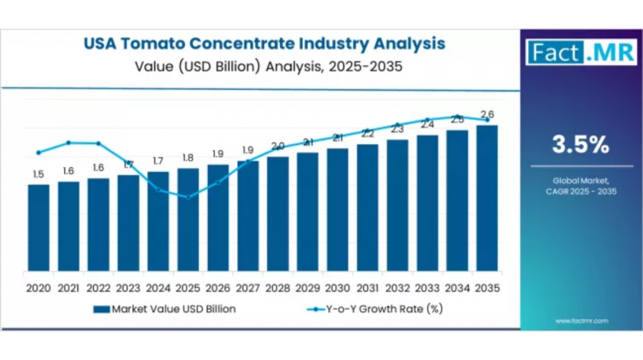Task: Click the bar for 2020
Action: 39,229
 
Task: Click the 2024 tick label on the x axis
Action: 158,288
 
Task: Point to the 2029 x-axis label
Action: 307,288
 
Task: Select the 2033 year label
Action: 427,288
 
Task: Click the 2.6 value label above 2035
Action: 487,114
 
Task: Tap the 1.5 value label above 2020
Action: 39,174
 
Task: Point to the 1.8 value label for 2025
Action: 188,157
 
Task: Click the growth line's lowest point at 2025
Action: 188,197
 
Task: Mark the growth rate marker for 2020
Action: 39,152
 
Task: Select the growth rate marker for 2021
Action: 69,143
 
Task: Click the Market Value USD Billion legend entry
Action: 164,309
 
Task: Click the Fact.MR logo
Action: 580,51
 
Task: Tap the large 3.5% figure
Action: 580,145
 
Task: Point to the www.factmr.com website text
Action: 582,321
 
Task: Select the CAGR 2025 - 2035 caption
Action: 580,191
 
